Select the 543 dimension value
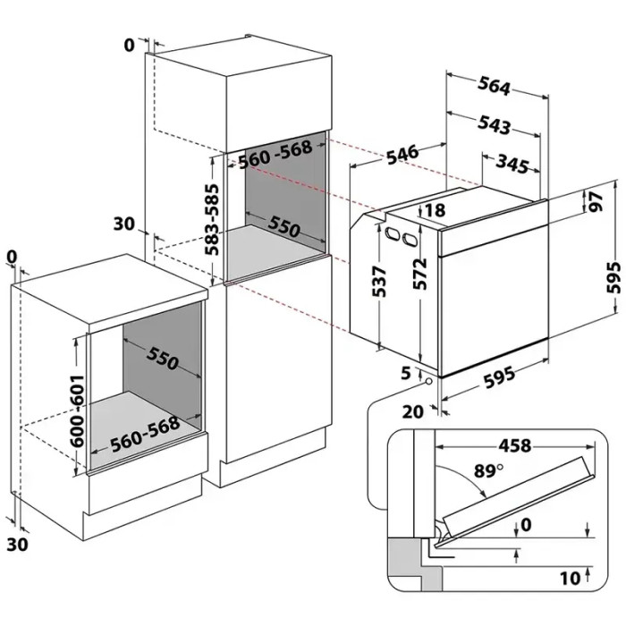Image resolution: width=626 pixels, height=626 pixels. click(494, 125)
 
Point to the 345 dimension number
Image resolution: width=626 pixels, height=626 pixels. click(511, 164)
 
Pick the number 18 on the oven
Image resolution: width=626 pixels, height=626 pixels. click(435, 211)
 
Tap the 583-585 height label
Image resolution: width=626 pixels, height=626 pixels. click(212, 220)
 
